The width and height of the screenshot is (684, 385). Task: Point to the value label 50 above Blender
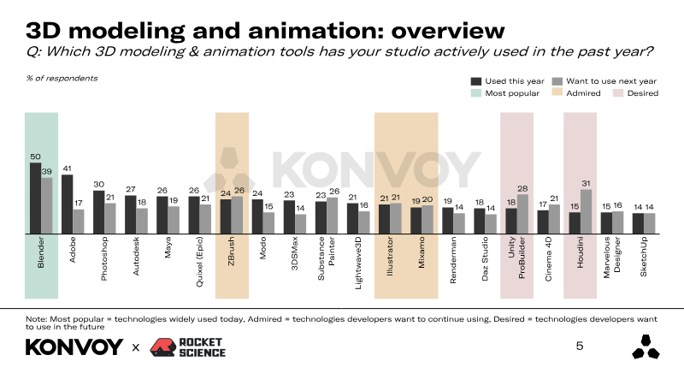pyautogui.click(x=36, y=157)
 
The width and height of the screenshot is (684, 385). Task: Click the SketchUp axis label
pyautogui.click(x=644, y=252)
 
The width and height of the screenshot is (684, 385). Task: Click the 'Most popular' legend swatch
pyautogui.click(x=476, y=92)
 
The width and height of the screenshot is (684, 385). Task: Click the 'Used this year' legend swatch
pyautogui.click(x=476, y=80)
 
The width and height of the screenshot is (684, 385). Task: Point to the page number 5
pyautogui.click(x=580, y=346)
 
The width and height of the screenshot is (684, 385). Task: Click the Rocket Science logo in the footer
pyautogui.click(x=188, y=346)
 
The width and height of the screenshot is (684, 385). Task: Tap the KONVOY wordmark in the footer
pyautogui.click(x=74, y=347)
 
